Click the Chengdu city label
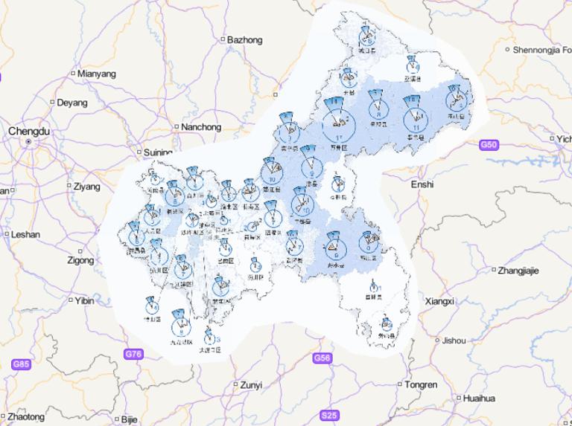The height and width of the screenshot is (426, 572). (x=29, y=131)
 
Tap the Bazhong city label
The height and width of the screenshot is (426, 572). (x=244, y=39)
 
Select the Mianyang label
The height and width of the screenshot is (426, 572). (x=97, y=74)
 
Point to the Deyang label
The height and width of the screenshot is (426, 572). (x=72, y=102)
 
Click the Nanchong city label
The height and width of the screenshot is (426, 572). (x=201, y=127)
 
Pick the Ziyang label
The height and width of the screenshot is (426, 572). (x=86, y=187)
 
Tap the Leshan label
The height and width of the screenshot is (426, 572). (x=25, y=234)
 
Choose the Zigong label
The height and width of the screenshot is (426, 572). (x=80, y=261)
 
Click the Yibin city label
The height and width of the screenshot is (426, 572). (x=83, y=300)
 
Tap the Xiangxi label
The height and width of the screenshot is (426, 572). (x=439, y=301)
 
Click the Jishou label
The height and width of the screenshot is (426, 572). (x=454, y=341)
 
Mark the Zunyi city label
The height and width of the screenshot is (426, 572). (x=251, y=384)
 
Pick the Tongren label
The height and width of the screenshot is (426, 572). (x=422, y=384)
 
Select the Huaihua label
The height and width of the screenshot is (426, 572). (x=478, y=398)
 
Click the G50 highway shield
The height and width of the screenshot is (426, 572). (x=489, y=144)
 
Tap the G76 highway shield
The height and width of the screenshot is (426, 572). (x=133, y=354)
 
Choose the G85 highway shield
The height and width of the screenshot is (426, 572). (x=21, y=364)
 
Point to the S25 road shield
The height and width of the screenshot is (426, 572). (x=329, y=415)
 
